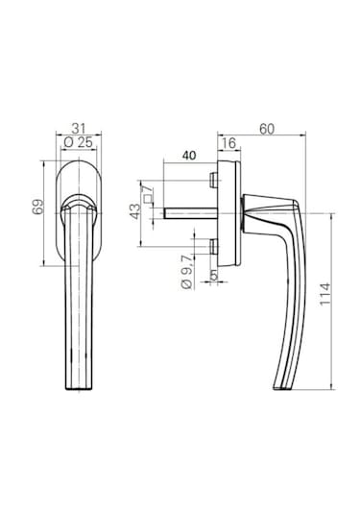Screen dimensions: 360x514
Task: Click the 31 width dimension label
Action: click(x=79, y=128)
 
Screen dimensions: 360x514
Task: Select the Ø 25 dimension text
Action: click(x=79, y=142)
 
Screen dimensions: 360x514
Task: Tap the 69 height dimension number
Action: click(x=38, y=207)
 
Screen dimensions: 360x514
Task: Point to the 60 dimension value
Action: click(x=267, y=129)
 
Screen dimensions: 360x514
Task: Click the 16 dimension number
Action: click(x=228, y=143)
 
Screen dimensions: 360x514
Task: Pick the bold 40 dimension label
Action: click(x=189, y=156)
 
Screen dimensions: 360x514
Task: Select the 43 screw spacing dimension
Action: click(x=135, y=211)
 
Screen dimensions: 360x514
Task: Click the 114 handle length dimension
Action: click(x=325, y=293)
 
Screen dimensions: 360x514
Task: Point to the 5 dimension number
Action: click(x=213, y=276)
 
